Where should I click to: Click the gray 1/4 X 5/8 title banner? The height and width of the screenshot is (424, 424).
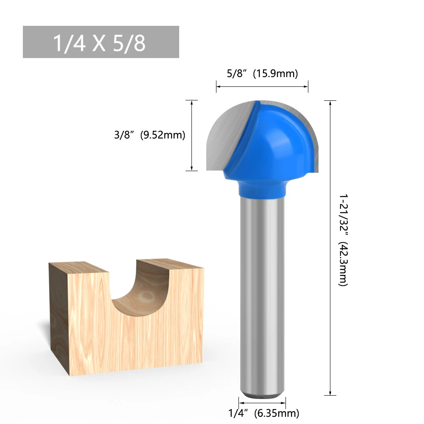(101, 42)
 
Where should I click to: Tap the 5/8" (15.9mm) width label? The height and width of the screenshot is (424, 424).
(262, 74)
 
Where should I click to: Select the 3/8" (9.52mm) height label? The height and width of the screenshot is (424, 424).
(150, 136)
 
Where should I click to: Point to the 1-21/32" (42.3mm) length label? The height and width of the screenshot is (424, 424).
(343, 240)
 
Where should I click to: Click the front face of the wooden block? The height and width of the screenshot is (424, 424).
(127, 339)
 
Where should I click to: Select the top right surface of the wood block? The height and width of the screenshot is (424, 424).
(169, 264)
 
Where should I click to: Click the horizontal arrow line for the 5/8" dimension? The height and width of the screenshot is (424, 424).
(262, 87)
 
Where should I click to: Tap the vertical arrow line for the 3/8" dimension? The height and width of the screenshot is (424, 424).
(192, 136)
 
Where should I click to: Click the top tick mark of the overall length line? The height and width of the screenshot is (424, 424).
(330, 100)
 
